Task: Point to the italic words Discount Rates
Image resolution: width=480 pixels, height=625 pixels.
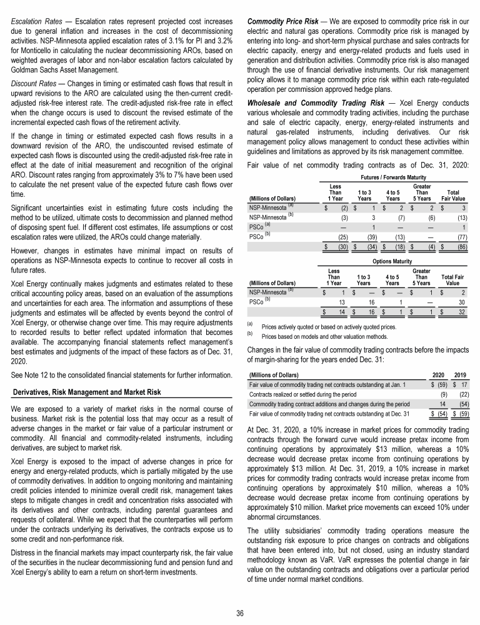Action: [34, 84]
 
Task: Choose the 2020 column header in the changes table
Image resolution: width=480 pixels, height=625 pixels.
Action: [439, 374]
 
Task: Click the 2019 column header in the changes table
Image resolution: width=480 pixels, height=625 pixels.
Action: [462, 374]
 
